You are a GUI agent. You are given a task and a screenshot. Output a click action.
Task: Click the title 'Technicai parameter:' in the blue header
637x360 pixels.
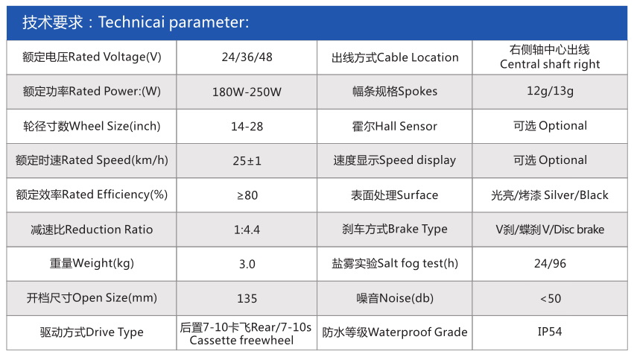174,22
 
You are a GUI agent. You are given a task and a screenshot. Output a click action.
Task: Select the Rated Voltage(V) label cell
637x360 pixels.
92,57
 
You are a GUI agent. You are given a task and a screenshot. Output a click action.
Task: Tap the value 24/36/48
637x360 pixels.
247,57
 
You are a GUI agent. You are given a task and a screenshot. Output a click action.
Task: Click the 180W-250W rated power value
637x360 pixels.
247,92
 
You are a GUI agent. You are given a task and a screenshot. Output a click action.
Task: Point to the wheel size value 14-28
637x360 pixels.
247,127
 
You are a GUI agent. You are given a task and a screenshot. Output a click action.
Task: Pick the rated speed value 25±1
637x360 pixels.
247,161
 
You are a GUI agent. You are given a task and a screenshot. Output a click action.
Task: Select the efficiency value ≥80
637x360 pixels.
247,195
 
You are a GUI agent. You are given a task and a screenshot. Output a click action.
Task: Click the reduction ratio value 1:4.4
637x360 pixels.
247,230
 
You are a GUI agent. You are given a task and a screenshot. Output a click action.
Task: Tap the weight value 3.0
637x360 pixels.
247,264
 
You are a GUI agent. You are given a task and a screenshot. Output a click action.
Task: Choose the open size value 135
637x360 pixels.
247,299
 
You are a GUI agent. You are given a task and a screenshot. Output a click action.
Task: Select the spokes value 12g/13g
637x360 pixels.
550,91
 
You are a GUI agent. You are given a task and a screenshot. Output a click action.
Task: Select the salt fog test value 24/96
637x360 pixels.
550,264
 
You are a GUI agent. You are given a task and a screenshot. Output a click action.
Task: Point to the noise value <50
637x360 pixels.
551,299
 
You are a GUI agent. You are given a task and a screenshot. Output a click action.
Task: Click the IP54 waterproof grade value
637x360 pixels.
550,332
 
